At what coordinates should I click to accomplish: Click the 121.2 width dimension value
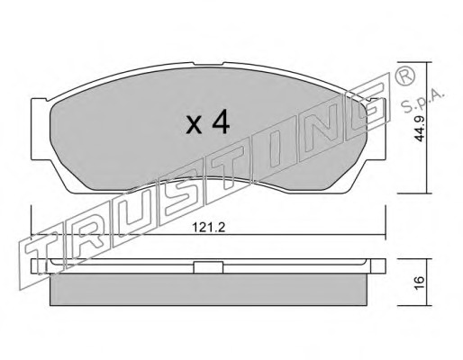click(208, 228)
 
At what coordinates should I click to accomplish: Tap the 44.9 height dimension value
click(420, 128)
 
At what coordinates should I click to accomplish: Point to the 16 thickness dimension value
click(420, 283)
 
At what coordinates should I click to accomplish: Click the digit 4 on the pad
click(221, 123)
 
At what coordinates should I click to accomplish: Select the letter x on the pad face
click(194, 125)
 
